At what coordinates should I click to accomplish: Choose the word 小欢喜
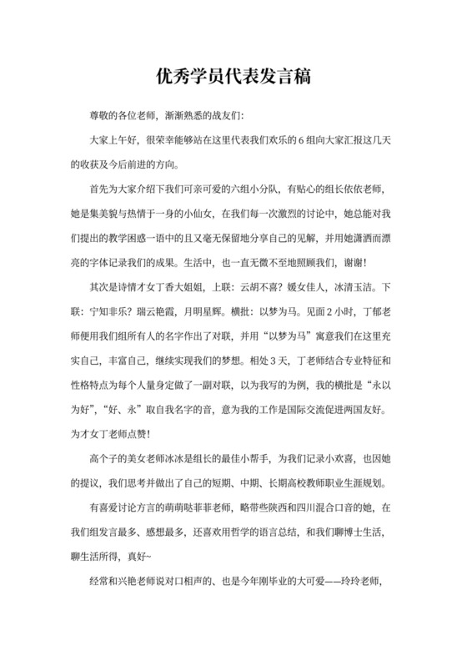click(334, 459)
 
